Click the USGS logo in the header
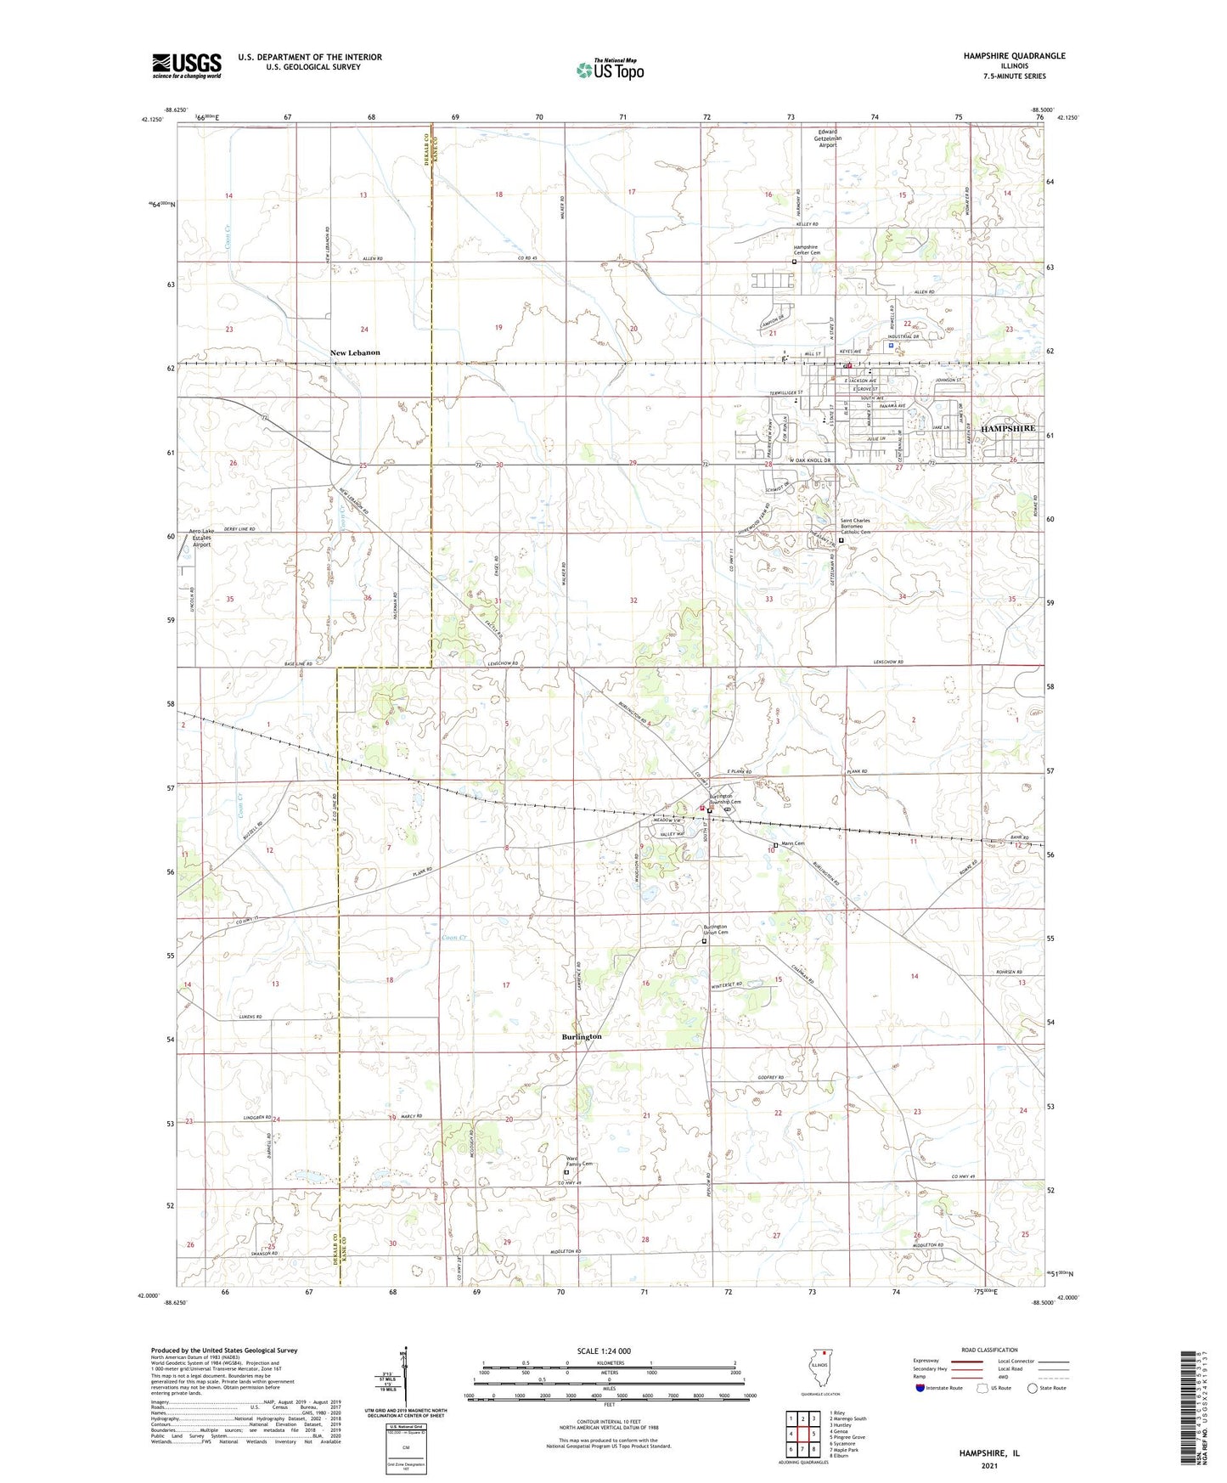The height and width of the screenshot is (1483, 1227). pos(186,65)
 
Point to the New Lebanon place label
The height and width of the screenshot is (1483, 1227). pos(355,352)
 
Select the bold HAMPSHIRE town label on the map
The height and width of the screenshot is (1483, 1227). pos(1008,429)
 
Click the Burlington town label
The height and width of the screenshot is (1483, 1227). pos(582,1036)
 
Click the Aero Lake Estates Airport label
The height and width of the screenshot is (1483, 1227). pos(201,538)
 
